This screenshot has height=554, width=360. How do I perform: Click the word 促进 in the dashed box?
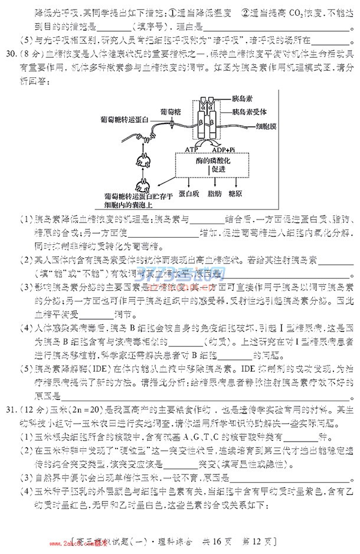click(x=213, y=170)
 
